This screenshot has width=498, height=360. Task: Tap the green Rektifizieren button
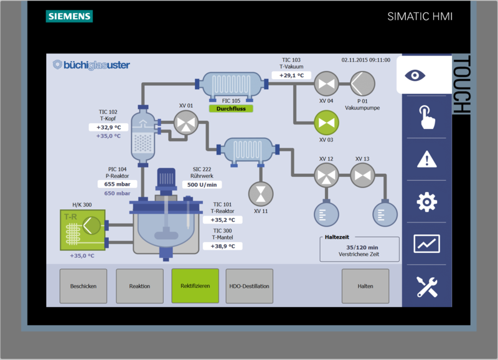[x=195, y=286]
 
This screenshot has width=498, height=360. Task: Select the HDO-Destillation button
[x=249, y=286]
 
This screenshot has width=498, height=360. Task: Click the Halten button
[x=365, y=286]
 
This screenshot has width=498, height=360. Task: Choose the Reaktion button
[x=139, y=286]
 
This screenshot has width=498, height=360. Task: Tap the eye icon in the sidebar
[x=426, y=75]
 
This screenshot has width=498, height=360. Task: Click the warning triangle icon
[x=426, y=159]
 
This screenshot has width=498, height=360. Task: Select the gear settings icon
[x=426, y=202]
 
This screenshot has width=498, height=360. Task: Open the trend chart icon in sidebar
[x=426, y=244]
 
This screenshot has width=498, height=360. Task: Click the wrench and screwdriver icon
[x=426, y=286]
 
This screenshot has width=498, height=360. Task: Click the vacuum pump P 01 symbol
[x=361, y=83]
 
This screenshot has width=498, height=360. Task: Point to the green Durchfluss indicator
[x=231, y=108]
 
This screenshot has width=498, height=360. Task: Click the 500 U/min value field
[x=202, y=184]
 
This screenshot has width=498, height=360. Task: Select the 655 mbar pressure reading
[x=117, y=184]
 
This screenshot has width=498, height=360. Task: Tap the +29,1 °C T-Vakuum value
[x=291, y=75]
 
